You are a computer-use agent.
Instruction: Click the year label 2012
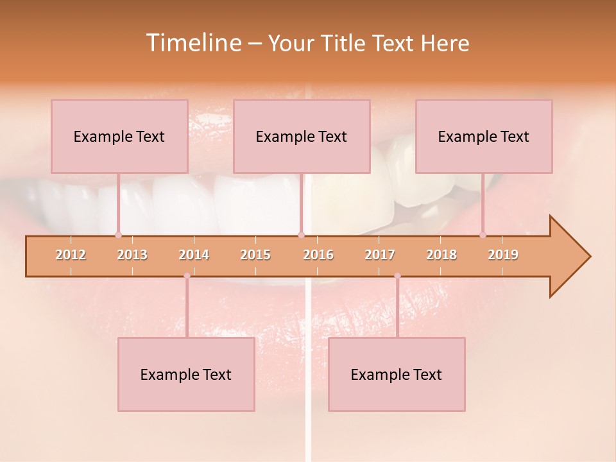pos(71,255)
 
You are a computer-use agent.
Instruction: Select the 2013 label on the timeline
pos(132,255)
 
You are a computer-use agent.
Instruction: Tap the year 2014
pos(194,255)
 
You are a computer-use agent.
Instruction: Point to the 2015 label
pos(255,255)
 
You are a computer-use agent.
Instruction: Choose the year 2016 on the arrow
pos(318,255)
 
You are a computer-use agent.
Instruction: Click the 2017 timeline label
pos(380,255)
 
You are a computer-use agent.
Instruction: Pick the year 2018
pos(441,255)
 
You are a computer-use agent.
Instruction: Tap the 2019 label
pos(503,255)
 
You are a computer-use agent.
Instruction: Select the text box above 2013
pos(119,136)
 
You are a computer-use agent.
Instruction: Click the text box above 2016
pos(302,136)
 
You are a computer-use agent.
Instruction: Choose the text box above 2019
pos(484,136)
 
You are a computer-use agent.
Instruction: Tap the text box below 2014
pos(186,374)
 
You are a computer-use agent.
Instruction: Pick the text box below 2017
pos(397,374)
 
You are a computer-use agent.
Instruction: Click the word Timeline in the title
pos(193,43)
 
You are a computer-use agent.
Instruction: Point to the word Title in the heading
pos(343,43)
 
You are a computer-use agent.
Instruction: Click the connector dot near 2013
pos(118,235)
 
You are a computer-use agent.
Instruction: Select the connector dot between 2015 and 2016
pos(301,235)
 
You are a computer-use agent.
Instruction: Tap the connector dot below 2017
pos(397,276)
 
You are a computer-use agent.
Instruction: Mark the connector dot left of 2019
pos(483,235)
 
